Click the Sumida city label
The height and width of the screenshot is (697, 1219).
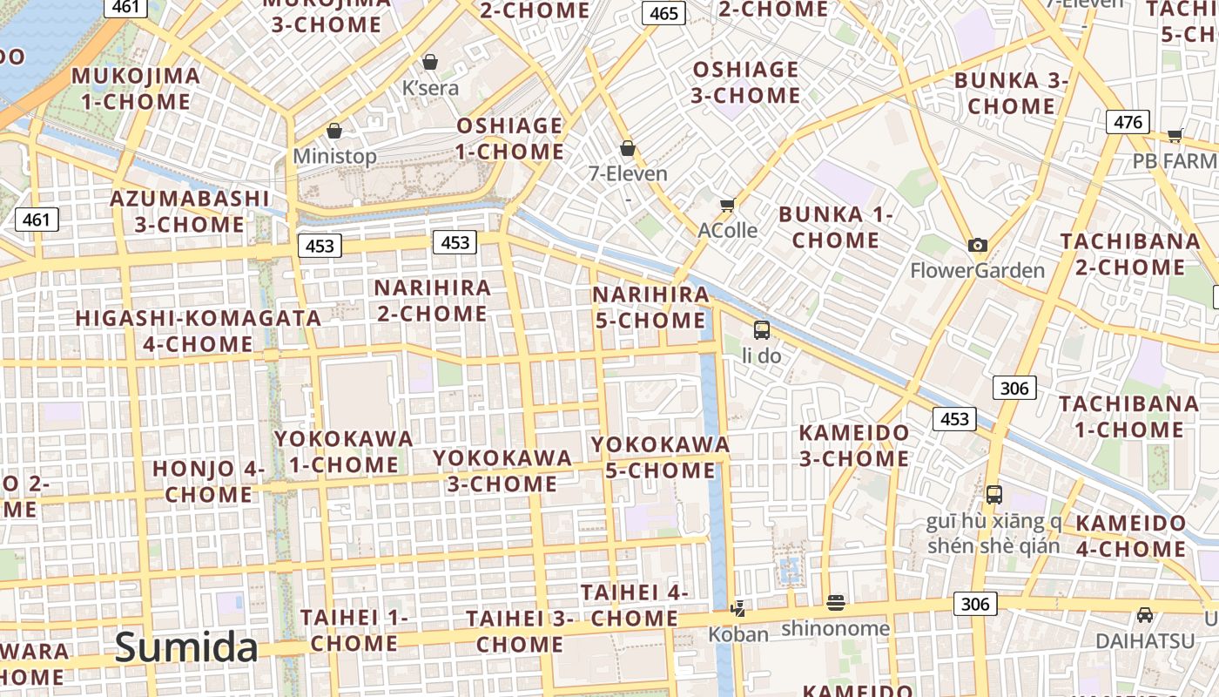[186, 647]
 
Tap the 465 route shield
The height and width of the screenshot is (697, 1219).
[663, 13]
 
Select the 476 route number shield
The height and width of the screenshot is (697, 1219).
[1128, 122]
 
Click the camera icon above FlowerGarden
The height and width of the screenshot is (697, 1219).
[978, 246]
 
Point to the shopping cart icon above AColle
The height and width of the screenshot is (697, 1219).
[728, 206]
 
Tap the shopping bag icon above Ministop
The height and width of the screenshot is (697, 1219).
[334, 131]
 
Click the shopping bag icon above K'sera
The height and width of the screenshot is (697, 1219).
[430, 62]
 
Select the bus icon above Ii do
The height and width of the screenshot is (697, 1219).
[762, 330]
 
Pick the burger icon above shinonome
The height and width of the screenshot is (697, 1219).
[836, 602]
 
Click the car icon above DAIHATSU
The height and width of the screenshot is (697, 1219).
[1145, 615]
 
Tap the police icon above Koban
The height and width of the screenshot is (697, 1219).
[738, 608]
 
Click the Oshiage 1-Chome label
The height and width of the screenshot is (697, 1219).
[510, 139]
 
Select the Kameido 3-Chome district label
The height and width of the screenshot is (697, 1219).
[854, 445]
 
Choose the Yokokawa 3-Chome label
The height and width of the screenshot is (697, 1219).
[502, 470]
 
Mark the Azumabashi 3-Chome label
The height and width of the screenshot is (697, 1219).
[190, 212]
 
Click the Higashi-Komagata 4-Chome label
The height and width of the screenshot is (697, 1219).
[199, 331]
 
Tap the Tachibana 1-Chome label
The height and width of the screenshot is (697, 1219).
[1128, 416]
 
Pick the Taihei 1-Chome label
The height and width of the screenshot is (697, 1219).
[354, 631]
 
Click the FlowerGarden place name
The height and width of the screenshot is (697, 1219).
[977, 271]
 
